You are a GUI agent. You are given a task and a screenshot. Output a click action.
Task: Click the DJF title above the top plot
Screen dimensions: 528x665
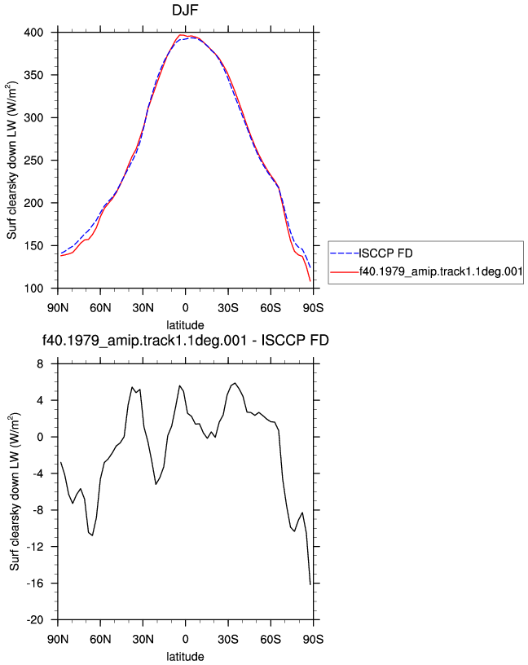[x=185, y=10]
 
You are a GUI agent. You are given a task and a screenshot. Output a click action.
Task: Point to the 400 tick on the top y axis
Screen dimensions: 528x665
[x=33, y=33]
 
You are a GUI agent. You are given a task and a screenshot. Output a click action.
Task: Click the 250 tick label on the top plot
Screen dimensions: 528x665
[x=33, y=161]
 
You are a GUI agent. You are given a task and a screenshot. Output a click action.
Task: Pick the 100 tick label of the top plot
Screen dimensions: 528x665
[x=33, y=288]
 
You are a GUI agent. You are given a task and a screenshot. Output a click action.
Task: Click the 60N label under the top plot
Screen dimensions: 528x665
[x=100, y=308]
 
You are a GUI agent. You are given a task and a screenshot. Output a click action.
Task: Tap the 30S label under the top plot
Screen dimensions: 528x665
[x=228, y=308]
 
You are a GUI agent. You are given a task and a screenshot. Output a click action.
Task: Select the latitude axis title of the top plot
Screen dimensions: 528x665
[x=185, y=325]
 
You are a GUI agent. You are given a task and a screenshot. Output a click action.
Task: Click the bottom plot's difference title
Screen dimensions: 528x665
[x=185, y=340]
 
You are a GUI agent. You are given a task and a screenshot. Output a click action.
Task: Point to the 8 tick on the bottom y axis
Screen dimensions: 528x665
[x=40, y=364]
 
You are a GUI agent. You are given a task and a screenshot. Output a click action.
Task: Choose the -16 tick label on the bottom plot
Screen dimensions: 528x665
[x=35, y=584]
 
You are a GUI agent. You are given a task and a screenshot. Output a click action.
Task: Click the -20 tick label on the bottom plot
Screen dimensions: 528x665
[x=35, y=620]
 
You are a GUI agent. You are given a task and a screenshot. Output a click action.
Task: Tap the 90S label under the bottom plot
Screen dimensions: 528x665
[x=313, y=640]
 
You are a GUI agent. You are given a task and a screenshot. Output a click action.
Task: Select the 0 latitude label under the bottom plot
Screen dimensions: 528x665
[x=185, y=640]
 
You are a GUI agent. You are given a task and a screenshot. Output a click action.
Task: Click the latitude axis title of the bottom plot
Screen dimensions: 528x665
[x=185, y=657]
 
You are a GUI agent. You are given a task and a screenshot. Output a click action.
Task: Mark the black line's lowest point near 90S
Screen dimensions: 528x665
[x=310, y=584]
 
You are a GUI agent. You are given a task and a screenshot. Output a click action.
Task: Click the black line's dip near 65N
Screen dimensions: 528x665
[x=92, y=535]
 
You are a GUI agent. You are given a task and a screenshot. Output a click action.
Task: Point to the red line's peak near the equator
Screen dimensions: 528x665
[x=180, y=35]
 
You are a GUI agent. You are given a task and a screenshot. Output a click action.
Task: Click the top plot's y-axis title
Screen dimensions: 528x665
[x=11, y=161]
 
